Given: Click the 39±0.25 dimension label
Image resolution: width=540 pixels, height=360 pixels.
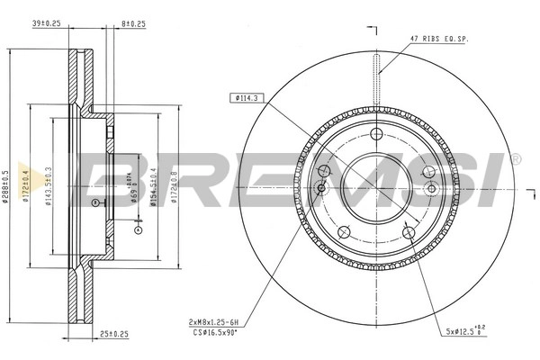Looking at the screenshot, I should click(45, 25).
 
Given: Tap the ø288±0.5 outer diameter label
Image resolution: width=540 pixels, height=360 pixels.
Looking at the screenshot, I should click(6, 185).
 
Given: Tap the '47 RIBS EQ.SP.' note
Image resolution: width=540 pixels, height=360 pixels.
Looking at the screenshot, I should click(439, 39).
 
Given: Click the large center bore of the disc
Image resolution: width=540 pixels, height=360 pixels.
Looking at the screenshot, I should click(378, 184).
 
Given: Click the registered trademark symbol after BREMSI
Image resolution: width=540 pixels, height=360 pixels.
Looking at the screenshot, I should click(516, 158).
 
